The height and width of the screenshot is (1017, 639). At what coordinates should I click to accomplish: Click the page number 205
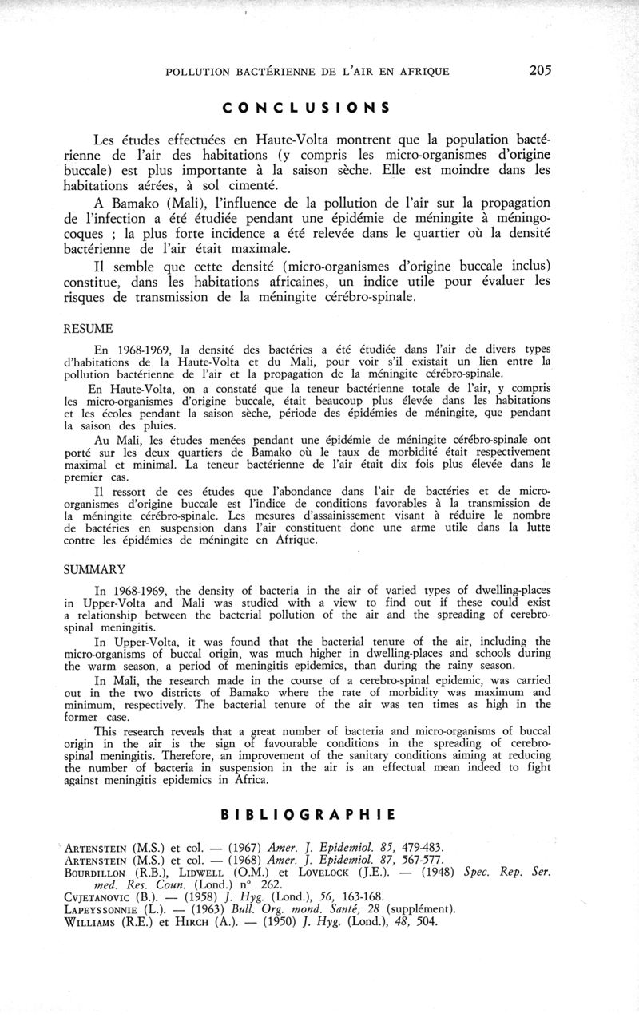pos(540,70)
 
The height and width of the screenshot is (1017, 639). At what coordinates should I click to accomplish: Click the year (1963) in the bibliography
pos(220,909)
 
